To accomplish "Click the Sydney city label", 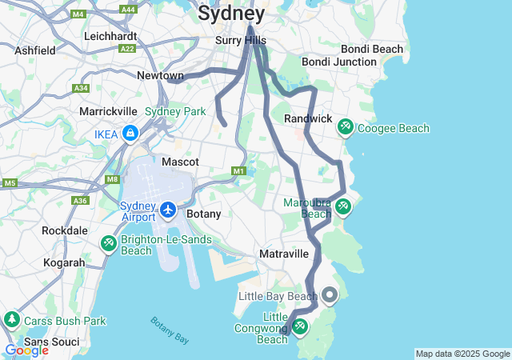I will coord(230,14).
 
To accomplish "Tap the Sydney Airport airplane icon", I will coord(168,210).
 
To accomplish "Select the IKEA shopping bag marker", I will coord(130,134).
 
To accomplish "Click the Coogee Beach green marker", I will coord(346,127).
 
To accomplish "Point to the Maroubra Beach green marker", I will coord(342,206).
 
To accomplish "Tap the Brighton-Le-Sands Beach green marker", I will coord(109,242).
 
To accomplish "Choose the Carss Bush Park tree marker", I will coord(12,320).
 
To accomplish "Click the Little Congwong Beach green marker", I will coord(300,326).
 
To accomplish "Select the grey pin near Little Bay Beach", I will coord(330,296).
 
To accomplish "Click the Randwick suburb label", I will coord(308,118).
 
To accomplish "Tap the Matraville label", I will coord(284,254).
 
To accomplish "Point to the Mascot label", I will coord(180,162).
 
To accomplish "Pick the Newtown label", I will coord(160,75).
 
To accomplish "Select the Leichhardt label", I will coord(110,36).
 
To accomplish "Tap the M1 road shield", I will coord(238,170).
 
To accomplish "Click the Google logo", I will coord(26,350).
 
